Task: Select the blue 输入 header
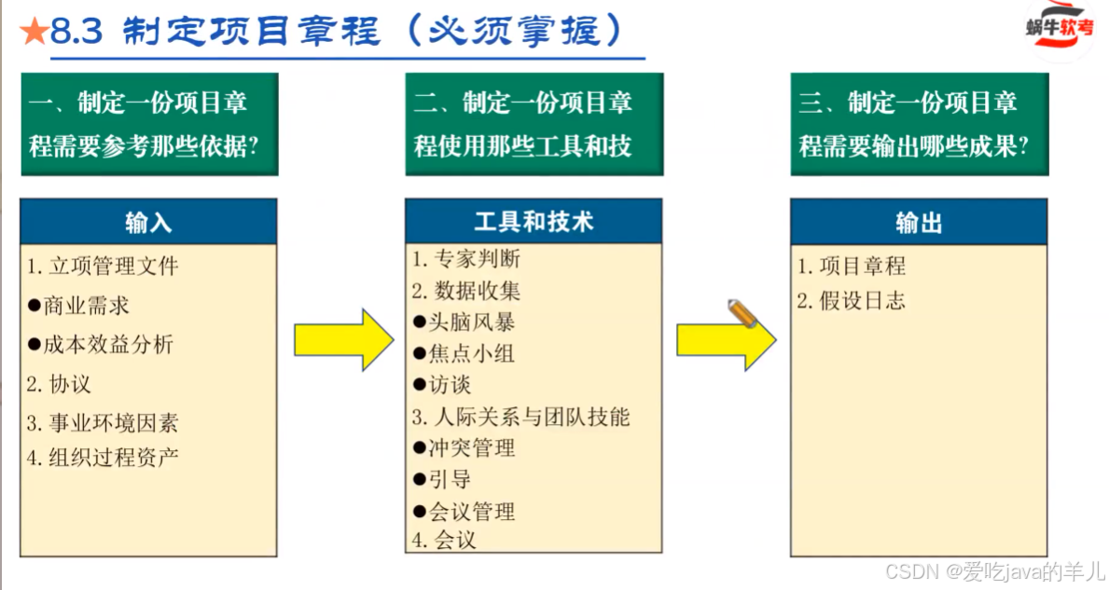(148, 222)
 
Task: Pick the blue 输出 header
(919, 222)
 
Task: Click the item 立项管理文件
(103, 267)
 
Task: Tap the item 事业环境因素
(103, 423)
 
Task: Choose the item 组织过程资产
(103, 457)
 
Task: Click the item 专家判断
(466, 258)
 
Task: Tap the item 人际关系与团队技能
(521, 417)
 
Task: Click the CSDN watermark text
(994, 571)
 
